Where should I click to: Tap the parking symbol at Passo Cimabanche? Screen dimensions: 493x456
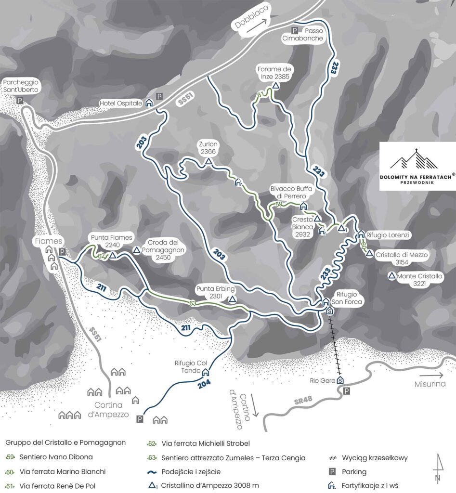coord(295,31)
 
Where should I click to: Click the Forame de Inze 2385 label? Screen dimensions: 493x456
coord(275,72)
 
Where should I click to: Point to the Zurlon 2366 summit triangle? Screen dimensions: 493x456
coord(208,163)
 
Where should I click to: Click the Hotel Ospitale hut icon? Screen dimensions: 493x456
coord(149,103)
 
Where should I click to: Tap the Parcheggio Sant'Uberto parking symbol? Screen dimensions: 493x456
coord(20,101)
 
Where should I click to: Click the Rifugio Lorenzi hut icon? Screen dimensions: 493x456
coord(361,234)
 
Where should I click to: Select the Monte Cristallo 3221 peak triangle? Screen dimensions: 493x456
coord(392,276)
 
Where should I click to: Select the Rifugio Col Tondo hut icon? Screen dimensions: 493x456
coord(206,372)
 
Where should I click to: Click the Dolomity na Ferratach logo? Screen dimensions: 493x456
coord(416,167)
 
